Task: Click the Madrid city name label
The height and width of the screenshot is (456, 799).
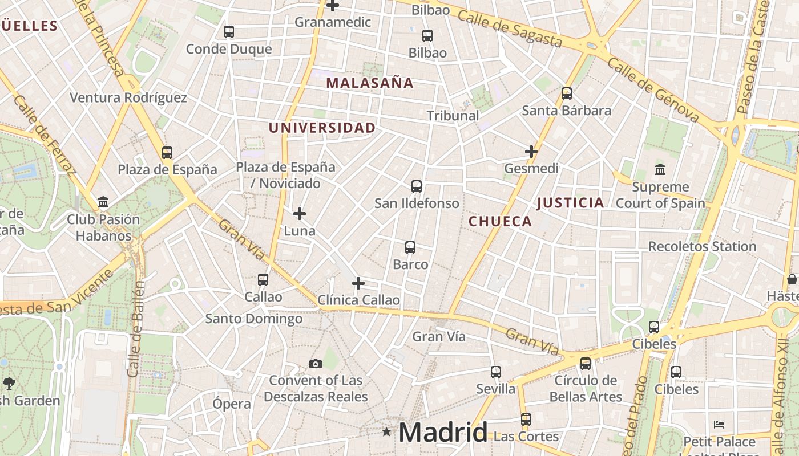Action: [x=443, y=433]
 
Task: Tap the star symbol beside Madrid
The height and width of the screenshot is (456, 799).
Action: [x=387, y=432]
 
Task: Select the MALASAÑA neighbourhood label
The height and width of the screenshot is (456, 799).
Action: [x=370, y=83]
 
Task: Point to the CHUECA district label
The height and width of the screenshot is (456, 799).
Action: [x=501, y=222]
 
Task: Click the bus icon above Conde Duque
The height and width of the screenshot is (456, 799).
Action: [x=229, y=32]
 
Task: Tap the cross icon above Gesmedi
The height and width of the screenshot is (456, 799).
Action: [x=531, y=152]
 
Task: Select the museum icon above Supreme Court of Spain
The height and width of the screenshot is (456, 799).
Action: [x=660, y=169]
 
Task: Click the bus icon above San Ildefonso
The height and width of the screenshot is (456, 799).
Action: [x=417, y=186]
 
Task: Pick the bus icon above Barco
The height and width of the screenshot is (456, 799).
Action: [x=410, y=247]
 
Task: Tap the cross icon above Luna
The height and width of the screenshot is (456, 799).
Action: [x=300, y=214]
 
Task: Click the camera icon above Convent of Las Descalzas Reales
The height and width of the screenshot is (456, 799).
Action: [x=315, y=364]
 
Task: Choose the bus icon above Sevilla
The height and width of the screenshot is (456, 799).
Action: [x=496, y=372]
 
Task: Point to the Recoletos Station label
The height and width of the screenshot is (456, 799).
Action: [x=702, y=247]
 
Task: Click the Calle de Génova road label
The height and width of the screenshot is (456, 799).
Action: [x=653, y=90]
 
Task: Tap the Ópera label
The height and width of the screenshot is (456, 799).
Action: [x=232, y=404]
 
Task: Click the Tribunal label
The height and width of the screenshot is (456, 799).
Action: [x=453, y=116]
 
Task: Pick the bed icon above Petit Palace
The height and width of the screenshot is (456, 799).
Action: [x=719, y=425]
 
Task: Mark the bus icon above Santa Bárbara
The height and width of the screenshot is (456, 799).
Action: [x=567, y=93]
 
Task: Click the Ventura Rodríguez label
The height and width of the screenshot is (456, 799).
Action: [x=128, y=97]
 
